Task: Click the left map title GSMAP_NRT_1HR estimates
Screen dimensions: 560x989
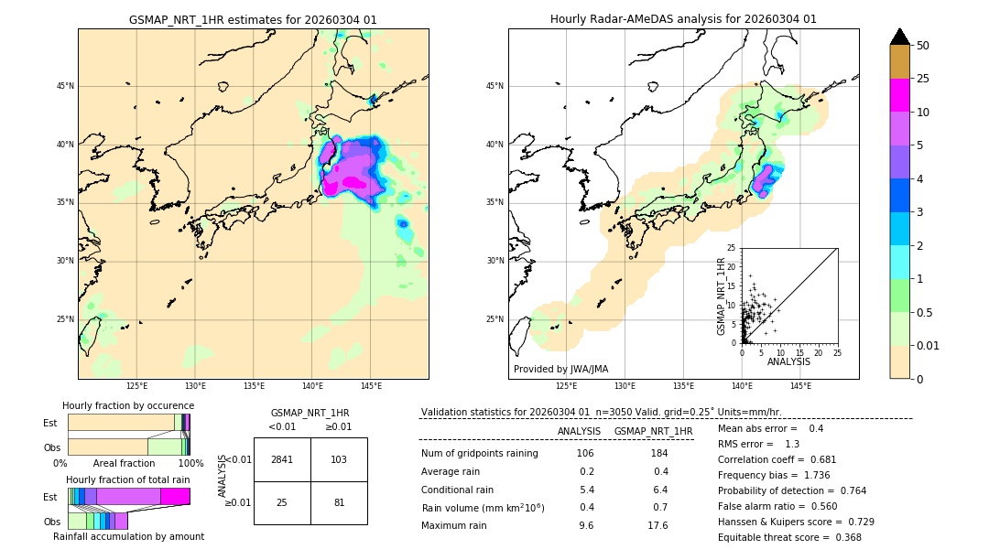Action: point(253,19)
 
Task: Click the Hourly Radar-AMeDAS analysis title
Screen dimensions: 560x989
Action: point(683,19)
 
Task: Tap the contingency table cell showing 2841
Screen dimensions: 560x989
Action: point(282,459)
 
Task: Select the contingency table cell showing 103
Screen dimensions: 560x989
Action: point(339,459)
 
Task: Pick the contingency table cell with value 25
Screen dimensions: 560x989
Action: point(282,502)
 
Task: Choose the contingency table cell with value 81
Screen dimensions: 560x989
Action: point(339,502)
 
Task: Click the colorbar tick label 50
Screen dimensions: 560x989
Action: point(923,46)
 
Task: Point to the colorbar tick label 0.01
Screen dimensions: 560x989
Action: point(929,345)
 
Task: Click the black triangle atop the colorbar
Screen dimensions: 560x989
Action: point(900,37)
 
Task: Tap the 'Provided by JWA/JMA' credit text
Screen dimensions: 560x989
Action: point(560,370)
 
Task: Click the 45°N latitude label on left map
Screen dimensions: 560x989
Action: point(65,86)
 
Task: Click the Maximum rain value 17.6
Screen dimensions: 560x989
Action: point(658,526)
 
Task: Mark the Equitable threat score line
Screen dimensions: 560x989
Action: point(789,538)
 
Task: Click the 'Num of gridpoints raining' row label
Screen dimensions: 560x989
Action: point(480,454)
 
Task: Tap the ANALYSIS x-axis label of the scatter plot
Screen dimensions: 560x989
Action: point(789,361)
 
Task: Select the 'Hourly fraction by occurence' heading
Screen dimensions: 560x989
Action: point(128,405)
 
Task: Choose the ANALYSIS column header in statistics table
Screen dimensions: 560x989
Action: point(579,431)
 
